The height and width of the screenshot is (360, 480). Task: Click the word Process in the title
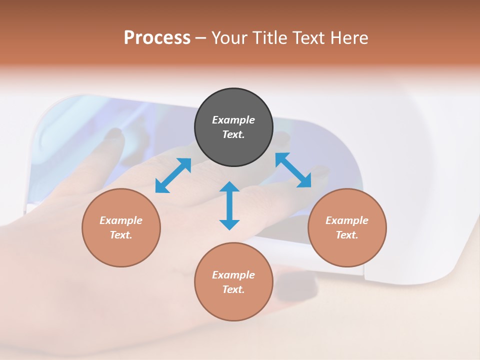(157, 38)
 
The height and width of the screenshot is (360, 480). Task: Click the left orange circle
(121, 227)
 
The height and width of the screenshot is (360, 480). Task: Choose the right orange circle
(347, 227)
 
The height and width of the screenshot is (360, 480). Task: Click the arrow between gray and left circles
(173, 175)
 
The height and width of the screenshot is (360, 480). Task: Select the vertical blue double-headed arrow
(229, 205)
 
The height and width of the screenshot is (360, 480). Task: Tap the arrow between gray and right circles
(293, 170)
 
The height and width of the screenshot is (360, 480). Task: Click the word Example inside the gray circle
(233, 120)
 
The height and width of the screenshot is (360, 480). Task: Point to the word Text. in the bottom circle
(233, 289)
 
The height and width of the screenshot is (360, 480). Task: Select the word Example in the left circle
(121, 220)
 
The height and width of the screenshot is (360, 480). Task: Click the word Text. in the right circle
(347, 235)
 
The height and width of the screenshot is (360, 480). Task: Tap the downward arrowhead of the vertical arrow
(229, 224)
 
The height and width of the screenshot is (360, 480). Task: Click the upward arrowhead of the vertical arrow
(229, 187)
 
